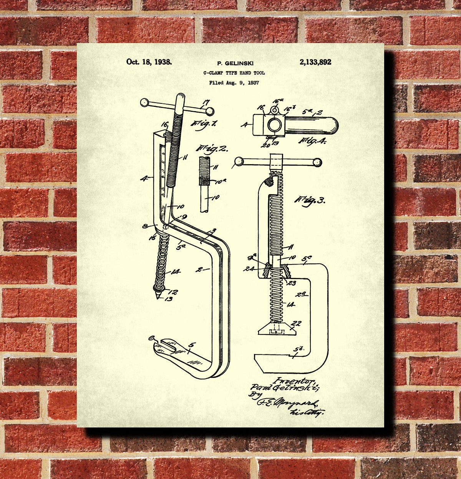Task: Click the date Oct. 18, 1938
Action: (x=149, y=62)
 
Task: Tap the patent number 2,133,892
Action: (x=315, y=62)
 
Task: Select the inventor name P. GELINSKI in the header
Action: (x=235, y=63)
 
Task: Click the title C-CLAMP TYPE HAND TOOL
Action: (x=234, y=73)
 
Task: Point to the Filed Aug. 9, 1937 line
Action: (x=234, y=82)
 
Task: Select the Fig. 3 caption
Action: (x=310, y=200)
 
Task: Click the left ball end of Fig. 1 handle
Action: (x=144, y=102)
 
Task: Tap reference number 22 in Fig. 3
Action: (x=297, y=324)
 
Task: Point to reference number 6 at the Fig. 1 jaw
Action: (x=151, y=338)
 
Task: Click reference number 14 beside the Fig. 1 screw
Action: (x=175, y=272)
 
